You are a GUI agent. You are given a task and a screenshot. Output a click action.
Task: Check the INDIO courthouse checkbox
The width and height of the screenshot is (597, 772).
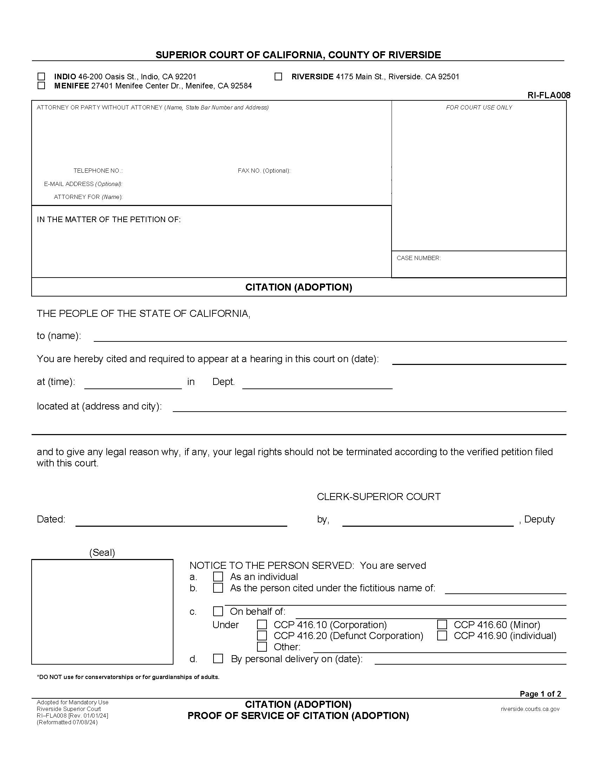41,77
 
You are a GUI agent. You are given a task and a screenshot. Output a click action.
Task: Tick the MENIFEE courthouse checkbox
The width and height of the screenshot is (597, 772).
41,86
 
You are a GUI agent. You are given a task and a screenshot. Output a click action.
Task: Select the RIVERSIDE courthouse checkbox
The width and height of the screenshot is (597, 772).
278,77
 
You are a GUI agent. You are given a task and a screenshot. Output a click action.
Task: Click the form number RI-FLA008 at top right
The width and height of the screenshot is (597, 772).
549,95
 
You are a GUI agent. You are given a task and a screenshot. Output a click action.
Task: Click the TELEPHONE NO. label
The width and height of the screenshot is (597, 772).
98,171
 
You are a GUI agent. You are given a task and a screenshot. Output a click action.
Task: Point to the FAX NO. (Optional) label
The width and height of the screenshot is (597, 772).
264,171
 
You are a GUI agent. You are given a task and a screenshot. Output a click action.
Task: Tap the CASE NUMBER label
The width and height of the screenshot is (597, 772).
418,258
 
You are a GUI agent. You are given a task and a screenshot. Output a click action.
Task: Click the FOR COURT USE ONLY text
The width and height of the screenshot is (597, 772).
479,107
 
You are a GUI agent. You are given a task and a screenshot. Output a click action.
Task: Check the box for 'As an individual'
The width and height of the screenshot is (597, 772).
218,577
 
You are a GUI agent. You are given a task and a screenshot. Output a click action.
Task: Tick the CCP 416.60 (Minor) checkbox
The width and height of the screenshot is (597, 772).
442,625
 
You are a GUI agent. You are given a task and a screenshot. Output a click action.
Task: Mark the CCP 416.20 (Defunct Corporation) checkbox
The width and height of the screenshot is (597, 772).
262,635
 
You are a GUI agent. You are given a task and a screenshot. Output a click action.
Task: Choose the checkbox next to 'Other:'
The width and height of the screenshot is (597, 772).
262,646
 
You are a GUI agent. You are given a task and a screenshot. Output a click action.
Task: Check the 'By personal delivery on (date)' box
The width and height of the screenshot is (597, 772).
218,659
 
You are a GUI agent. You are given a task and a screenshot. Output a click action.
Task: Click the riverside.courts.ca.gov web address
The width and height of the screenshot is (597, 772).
530,709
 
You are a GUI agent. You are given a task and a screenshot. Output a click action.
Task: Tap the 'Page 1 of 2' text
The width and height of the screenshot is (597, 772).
540,694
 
